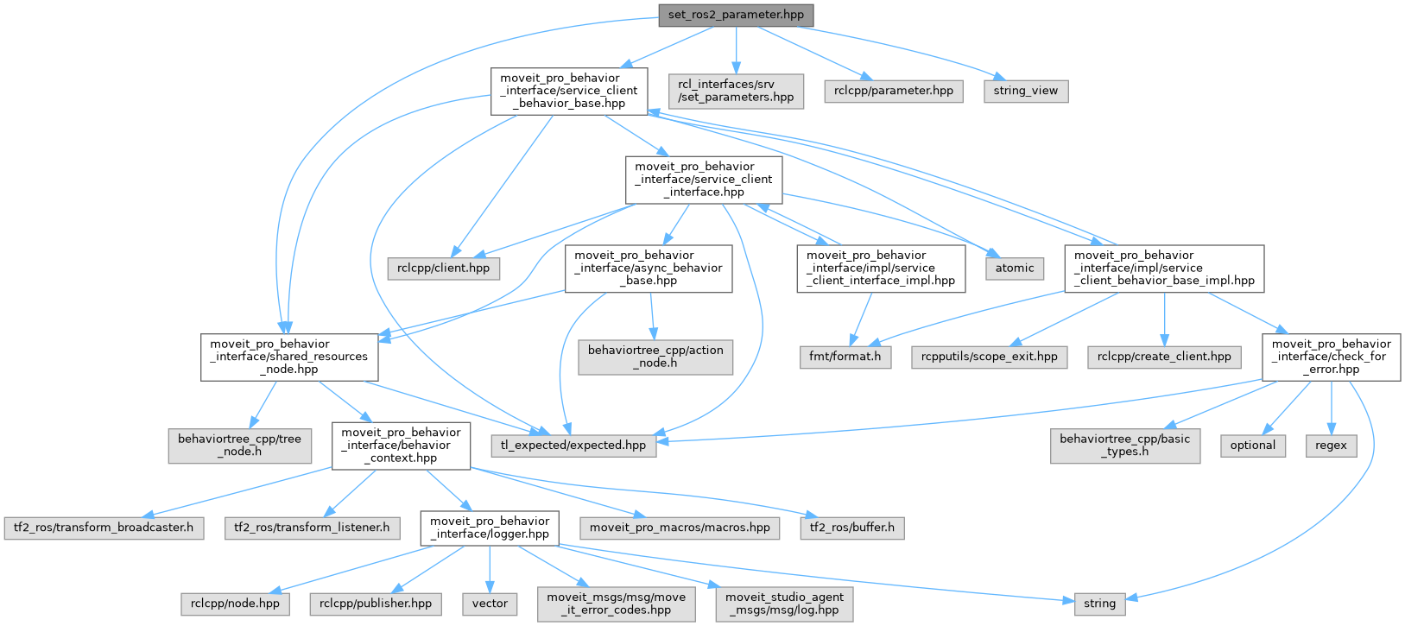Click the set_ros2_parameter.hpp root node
[736, 15]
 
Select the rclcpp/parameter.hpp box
[893, 91]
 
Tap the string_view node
[1025, 91]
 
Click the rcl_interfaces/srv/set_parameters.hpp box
[736, 91]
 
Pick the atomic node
[1014, 268]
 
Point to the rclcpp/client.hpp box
[443, 268]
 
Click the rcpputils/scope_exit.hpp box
[989, 357]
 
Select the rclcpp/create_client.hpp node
[1164, 357]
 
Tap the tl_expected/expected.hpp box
[573, 446]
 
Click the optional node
[1252, 446]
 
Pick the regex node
[1331, 446]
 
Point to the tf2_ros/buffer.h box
[852, 528]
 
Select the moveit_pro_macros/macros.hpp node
[680, 528]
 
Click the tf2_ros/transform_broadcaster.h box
[104, 528]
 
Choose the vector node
[490, 604]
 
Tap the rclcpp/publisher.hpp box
[376, 604]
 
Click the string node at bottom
[1099, 604]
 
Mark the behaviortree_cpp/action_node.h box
[655, 357]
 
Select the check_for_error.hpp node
[1331, 357]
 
